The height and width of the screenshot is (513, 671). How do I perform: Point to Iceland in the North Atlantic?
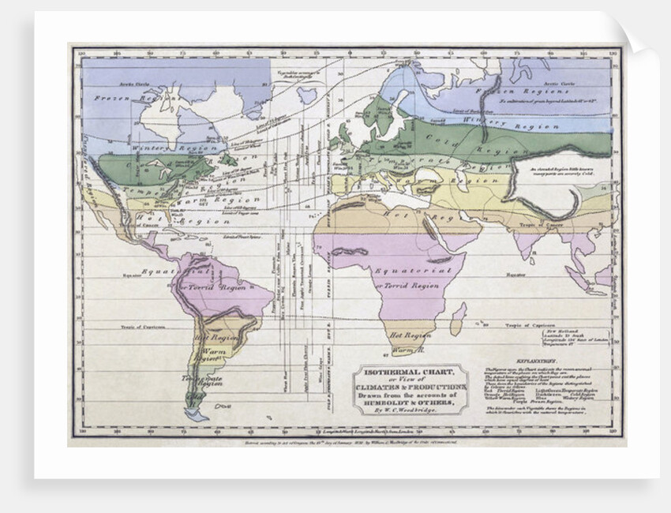(x=306, y=95)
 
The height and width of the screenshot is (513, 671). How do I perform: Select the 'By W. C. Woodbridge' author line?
(x=408, y=410)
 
